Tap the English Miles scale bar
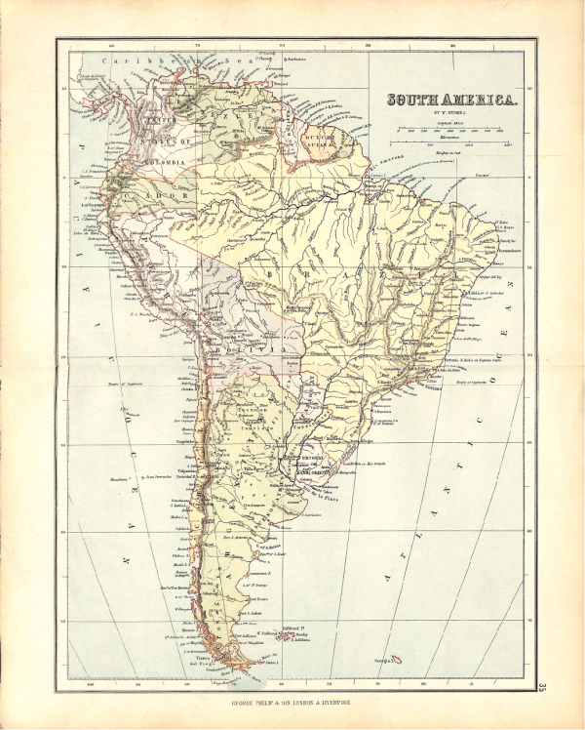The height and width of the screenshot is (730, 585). pos(449,129)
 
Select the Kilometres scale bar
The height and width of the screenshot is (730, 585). pos(449,142)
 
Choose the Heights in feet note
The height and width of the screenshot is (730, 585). pos(449,154)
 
